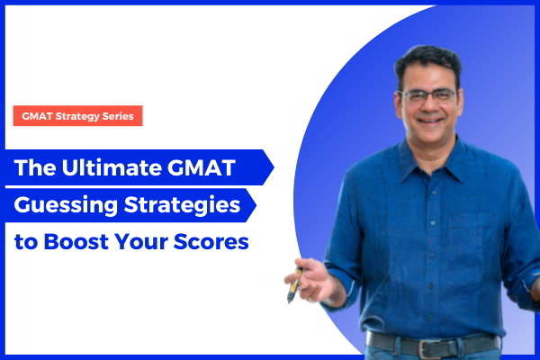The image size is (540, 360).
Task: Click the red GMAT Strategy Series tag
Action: (x=77, y=116)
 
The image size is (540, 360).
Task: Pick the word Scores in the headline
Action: (x=216, y=241)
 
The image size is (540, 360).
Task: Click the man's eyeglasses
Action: (x=428, y=94)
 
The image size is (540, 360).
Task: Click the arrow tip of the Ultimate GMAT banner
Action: (x=269, y=168)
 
